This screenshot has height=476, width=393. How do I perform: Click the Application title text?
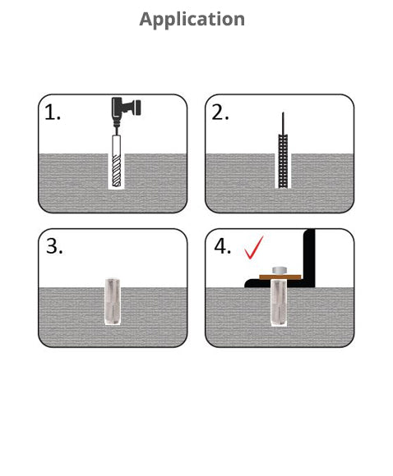192,20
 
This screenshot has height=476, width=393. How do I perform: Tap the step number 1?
53,112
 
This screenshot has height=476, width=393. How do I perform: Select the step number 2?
220,112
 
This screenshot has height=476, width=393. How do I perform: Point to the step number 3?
54,246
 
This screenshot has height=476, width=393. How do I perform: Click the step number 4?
222,246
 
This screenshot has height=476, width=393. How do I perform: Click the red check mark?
254,248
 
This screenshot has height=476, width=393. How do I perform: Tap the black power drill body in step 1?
121,108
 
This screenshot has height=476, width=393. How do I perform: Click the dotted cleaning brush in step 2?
283,161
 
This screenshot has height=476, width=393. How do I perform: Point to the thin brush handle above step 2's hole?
283,123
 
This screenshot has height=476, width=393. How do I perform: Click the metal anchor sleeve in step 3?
113,301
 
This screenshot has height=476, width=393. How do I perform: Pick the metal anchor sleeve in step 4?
279,303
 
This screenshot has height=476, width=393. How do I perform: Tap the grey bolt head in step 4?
279,271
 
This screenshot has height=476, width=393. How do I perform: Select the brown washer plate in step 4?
280,277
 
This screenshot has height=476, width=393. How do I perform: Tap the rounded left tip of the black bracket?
247,284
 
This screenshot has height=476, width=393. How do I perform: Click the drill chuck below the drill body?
116,123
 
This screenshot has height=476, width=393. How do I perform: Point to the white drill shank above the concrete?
116,144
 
